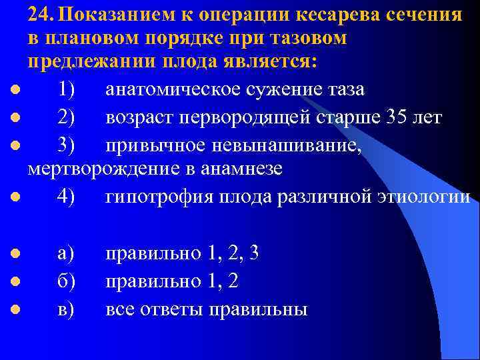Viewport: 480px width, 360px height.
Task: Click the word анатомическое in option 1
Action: click(x=185, y=89)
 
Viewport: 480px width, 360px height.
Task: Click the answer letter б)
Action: click(x=66, y=281)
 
